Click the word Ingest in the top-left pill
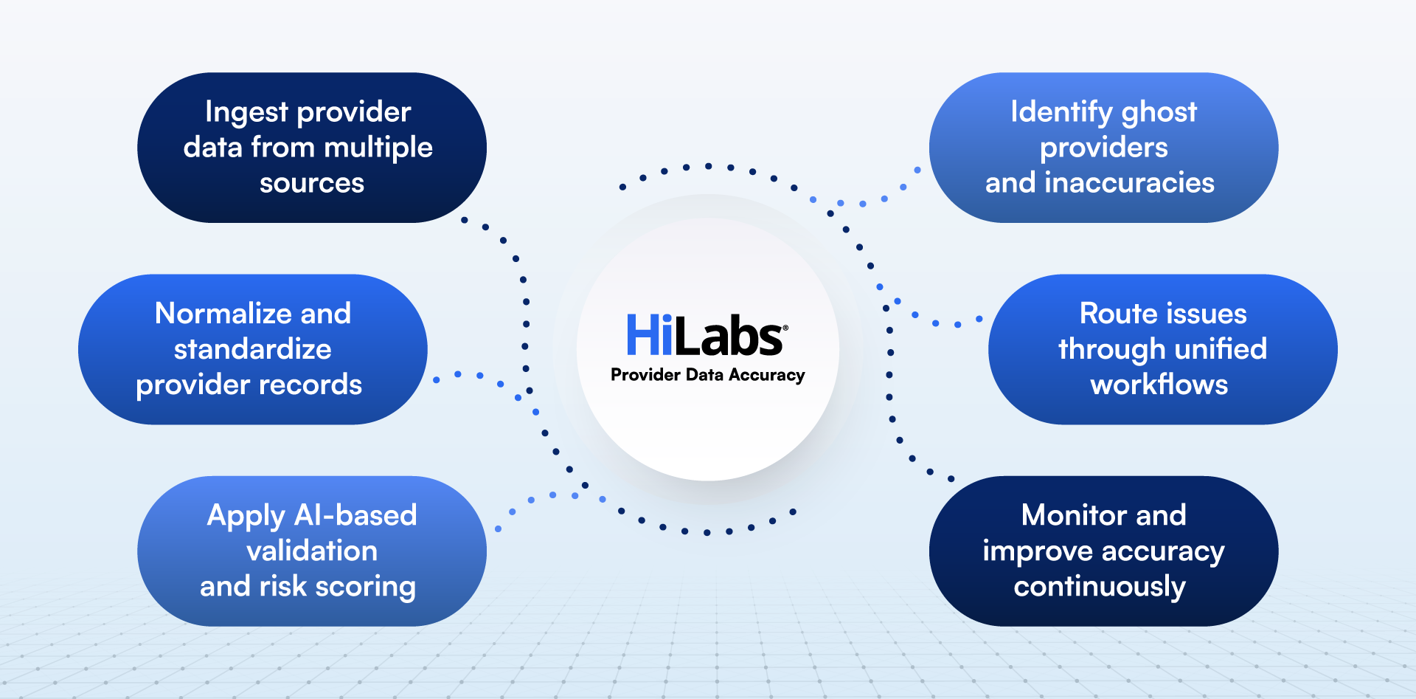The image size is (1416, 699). click(246, 113)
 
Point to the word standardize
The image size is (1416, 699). click(252, 349)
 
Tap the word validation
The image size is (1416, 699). click(311, 551)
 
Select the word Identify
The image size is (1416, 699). click(1061, 113)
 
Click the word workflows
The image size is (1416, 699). click(1159, 385)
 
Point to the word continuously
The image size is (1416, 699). click(1099, 587)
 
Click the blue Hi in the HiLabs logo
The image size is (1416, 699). click(649, 335)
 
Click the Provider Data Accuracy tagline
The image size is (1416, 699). click(707, 375)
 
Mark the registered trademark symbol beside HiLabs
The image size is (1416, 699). click(785, 328)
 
